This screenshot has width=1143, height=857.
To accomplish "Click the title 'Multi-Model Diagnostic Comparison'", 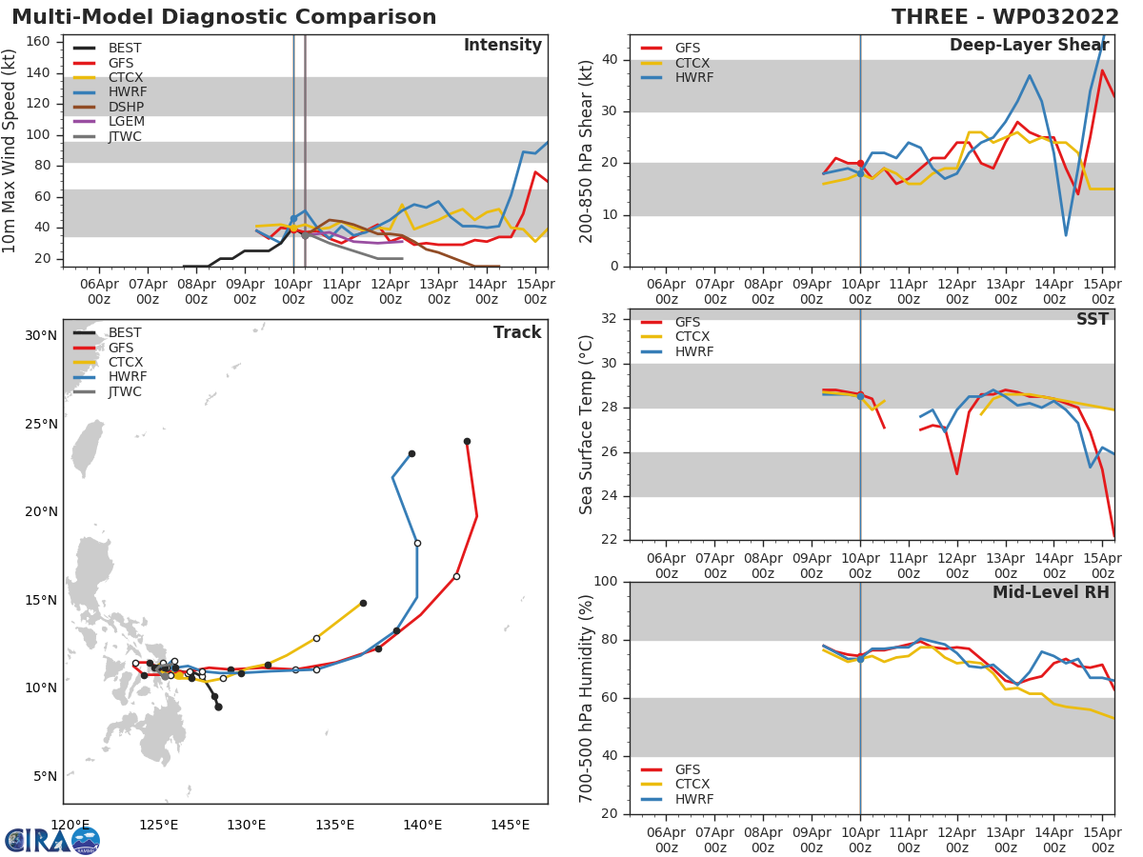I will pyautogui.click(x=224, y=17).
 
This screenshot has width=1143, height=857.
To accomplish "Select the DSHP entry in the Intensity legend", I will pyautogui.click(x=125, y=107).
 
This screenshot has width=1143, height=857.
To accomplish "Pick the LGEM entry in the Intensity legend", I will pyautogui.click(x=126, y=122).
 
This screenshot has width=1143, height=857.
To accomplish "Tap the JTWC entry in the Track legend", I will pyautogui.click(x=125, y=391).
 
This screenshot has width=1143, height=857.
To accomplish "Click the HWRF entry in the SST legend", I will pyautogui.click(x=693, y=351).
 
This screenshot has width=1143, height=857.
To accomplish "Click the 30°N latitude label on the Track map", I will pyautogui.click(x=41, y=335).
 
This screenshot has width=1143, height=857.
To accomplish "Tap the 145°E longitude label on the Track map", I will pyautogui.click(x=510, y=825).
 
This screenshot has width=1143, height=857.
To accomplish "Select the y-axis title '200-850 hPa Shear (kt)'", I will pyautogui.click(x=587, y=150).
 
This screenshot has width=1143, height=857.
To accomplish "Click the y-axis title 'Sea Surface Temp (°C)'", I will pyautogui.click(x=587, y=425).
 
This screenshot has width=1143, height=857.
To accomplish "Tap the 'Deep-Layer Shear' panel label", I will pyautogui.click(x=1029, y=46).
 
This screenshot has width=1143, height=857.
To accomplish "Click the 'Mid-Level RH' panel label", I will pyautogui.click(x=1051, y=592).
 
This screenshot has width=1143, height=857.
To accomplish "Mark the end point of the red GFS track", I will pyautogui.click(x=467, y=441).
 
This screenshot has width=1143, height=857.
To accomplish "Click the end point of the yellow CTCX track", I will pyautogui.click(x=363, y=603).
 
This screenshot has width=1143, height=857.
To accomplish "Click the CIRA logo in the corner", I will pyautogui.click(x=52, y=840).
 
